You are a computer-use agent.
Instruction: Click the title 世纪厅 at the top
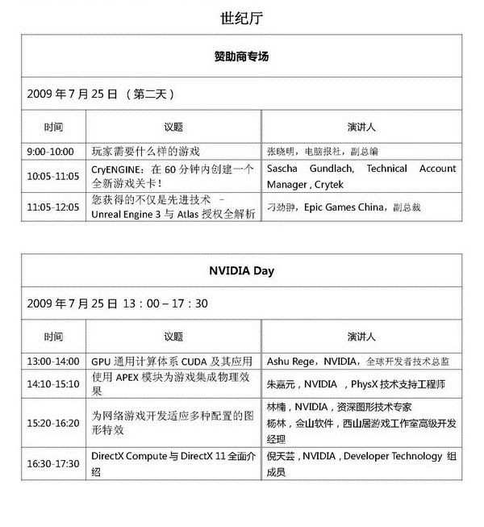[x=241, y=17]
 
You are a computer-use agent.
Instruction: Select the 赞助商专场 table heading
[x=241, y=57]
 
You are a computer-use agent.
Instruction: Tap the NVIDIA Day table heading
[x=241, y=271]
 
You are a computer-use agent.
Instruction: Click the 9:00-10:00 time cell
[x=50, y=152]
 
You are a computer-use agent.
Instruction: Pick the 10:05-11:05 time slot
[x=53, y=176]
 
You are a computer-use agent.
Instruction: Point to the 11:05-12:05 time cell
[x=53, y=207]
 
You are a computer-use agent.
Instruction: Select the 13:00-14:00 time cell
[x=53, y=362]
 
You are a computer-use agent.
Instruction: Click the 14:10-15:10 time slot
[x=53, y=384]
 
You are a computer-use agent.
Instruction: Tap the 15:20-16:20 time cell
[x=53, y=423]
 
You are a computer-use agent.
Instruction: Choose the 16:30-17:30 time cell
[x=53, y=464]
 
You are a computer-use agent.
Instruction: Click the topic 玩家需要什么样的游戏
[x=145, y=152]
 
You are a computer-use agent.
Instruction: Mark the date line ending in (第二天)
[x=100, y=94]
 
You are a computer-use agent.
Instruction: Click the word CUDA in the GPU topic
[x=202, y=362]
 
